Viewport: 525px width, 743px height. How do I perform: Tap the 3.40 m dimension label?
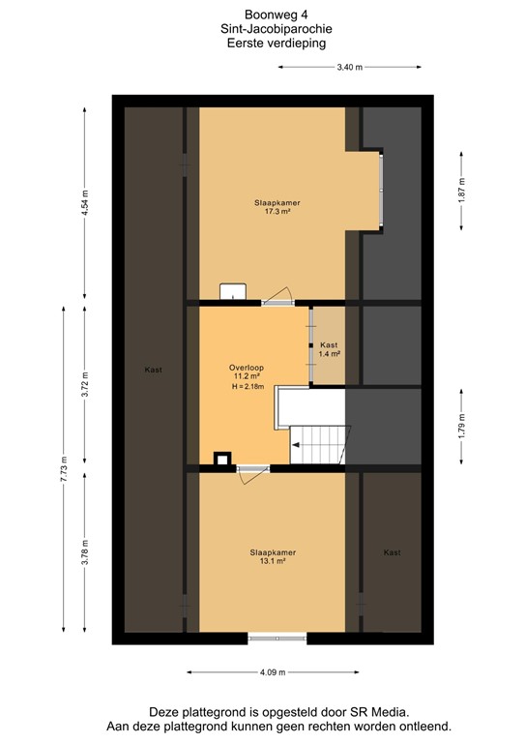[349, 68]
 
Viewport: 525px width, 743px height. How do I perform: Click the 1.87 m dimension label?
[463, 186]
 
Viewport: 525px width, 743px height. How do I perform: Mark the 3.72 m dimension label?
[84, 386]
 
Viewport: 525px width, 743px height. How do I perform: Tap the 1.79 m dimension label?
[463, 426]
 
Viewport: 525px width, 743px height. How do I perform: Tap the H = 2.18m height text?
[248, 388]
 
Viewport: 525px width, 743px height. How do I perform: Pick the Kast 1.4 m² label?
[329, 349]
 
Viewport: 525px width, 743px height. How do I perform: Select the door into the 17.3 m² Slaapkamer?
[277, 297]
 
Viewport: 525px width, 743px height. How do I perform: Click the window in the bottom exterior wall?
[277, 637]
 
